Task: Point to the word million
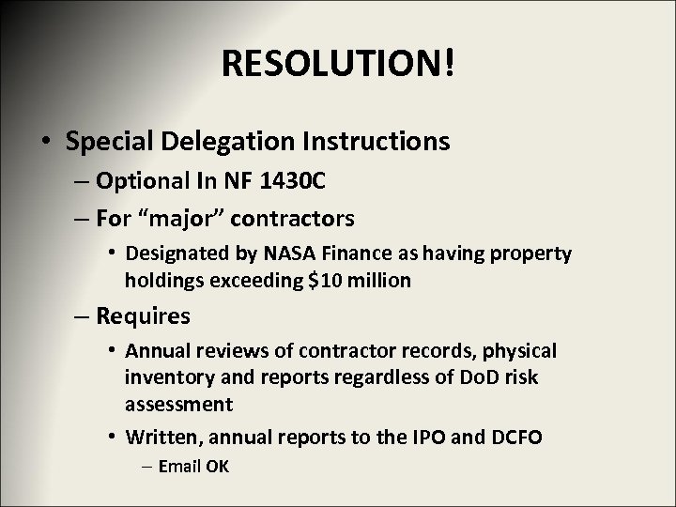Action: click(383, 280)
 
